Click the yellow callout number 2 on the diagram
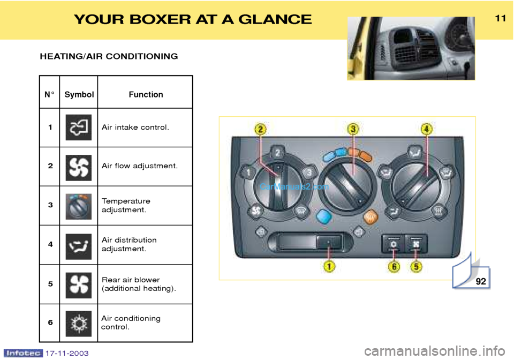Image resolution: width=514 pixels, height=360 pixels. [x=260, y=129]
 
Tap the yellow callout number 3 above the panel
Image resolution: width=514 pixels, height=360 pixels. [x=353, y=129]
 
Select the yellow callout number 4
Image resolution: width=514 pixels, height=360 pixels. [x=426, y=129]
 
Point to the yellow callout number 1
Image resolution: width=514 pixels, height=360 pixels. [x=329, y=266]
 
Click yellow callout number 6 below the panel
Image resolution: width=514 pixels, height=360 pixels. [x=394, y=267]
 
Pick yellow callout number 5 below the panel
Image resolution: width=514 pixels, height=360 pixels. [x=416, y=267]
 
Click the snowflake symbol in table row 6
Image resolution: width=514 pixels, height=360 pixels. [x=79, y=323]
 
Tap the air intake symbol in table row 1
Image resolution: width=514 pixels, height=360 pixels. [x=79, y=127]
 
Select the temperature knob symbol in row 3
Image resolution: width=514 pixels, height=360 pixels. [x=79, y=207]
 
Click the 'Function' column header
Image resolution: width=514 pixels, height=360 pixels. [x=146, y=95]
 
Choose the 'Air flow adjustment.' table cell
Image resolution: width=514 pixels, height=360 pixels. [x=140, y=166]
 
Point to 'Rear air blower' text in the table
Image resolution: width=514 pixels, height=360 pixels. [x=131, y=280]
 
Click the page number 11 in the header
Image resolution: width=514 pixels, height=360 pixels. [x=500, y=18]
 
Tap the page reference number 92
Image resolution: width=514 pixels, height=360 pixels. [x=481, y=281]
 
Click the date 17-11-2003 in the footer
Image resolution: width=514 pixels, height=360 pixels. [x=67, y=354]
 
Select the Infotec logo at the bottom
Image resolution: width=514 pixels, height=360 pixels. [x=23, y=353]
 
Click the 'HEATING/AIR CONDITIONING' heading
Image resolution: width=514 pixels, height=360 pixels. [x=109, y=56]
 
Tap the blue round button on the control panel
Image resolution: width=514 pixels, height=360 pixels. [x=324, y=217]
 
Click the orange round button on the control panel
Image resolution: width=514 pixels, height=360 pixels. [x=371, y=217]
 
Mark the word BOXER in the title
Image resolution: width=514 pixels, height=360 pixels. [x=160, y=19]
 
